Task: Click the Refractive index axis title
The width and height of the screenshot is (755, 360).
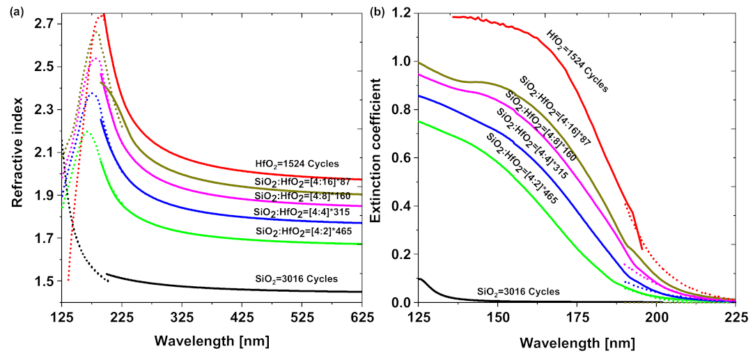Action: click(17, 152)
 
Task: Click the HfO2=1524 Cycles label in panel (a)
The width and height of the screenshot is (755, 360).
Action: click(297, 164)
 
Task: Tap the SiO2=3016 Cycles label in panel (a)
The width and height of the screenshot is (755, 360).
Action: click(297, 279)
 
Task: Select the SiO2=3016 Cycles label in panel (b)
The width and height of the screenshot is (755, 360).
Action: click(519, 290)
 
